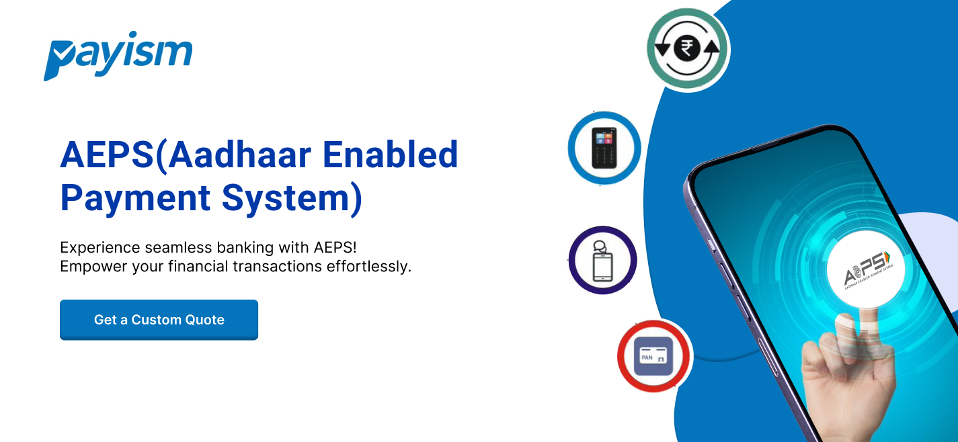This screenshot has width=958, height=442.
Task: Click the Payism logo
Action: [118, 56]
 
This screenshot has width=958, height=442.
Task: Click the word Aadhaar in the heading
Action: [240, 154]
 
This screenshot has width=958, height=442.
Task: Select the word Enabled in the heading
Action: [390, 154]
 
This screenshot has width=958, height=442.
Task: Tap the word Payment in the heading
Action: [135, 198]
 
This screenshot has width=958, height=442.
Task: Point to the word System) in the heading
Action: [292, 198]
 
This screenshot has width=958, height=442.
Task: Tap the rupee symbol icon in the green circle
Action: [687, 48]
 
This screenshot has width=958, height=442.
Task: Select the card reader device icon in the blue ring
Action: [604, 148]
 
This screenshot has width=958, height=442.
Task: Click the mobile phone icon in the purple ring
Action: [602, 261]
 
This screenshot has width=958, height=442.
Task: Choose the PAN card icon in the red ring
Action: [653, 356]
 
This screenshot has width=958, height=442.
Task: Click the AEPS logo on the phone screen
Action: [867, 270]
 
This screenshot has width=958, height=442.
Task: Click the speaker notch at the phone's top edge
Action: [766, 144]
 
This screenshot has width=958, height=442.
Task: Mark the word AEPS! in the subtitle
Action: [335, 247]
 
